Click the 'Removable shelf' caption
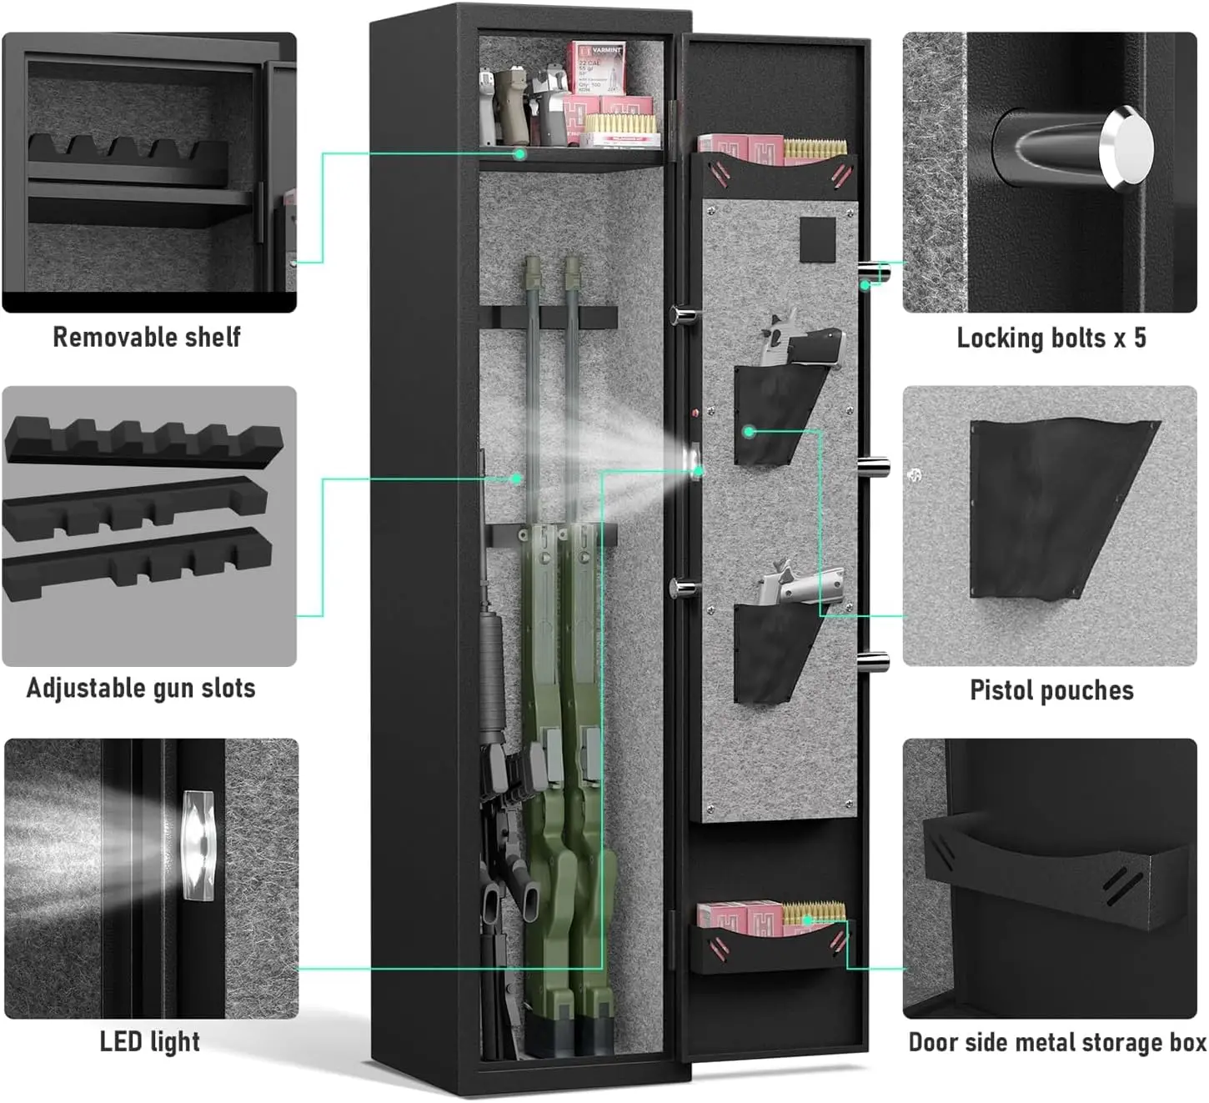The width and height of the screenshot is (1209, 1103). point(147,337)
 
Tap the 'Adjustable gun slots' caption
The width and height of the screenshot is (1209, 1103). point(141,689)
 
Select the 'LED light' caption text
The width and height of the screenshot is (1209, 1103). point(149,1041)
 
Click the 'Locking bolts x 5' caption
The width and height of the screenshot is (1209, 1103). point(1051,338)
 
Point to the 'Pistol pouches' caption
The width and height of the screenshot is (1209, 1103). point(1051,690)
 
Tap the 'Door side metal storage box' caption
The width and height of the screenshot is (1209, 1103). point(1056,1042)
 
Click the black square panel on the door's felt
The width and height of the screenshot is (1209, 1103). point(817,240)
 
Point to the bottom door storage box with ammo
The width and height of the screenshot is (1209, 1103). point(771,938)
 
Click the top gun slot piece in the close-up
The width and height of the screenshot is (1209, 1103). point(143,439)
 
